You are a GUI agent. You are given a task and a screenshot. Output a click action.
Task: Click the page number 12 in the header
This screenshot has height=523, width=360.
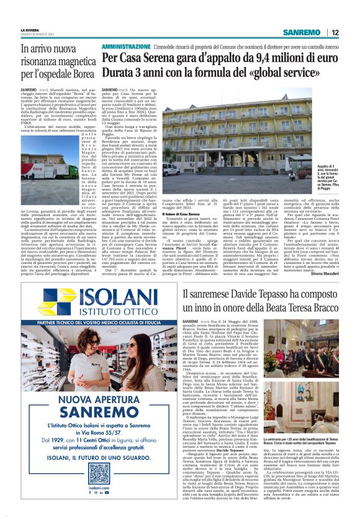point(335,32)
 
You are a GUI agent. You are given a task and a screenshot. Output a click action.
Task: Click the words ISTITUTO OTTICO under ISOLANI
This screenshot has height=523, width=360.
point(110,314)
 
